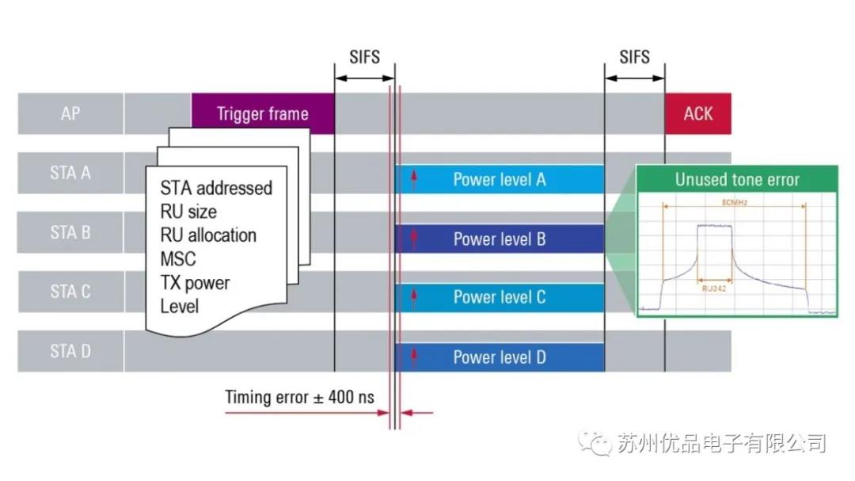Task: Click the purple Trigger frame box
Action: (x=263, y=114)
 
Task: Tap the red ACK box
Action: (x=697, y=114)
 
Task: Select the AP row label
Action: (x=70, y=113)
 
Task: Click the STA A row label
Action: (x=70, y=173)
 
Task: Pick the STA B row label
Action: (x=70, y=232)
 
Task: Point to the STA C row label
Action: (x=70, y=292)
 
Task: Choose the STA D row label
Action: (x=70, y=351)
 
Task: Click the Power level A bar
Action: (x=499, y=179)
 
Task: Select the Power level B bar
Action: (x=499, y=239)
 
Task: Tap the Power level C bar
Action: (x=499, y=297)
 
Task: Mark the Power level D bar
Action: (x=499, y=357)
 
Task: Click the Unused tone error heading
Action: (x=737, y=179)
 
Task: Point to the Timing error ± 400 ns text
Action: (x=299, y=397)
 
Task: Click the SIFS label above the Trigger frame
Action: (x=364, y=57)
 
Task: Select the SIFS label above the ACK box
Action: (x=634, y=57)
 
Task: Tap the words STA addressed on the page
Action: (x=216, y=188)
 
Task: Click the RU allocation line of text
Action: (x=208, y=235)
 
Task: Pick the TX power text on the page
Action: (x=195, y=283)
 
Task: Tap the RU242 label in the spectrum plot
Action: (x=715, y=289)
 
